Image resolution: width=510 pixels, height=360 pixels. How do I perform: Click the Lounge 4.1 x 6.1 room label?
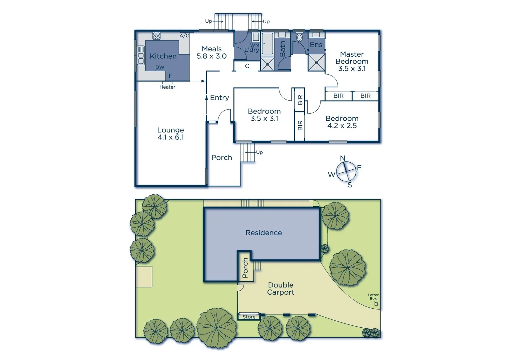(170, 134)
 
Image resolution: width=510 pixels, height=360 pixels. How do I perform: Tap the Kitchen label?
(163, 56)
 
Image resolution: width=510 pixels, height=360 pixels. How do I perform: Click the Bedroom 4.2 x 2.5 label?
(342, 122)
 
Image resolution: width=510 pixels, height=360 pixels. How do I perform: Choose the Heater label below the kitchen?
(167, 87)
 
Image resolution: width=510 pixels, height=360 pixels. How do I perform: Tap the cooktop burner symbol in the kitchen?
(156, 36)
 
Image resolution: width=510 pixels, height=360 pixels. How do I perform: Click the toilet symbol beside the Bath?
(299, 37)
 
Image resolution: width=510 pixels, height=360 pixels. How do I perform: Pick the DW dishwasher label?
(160, 67)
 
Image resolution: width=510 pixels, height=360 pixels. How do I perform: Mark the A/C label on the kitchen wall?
(184, 36)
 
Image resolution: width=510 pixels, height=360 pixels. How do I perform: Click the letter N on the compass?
(343, 158)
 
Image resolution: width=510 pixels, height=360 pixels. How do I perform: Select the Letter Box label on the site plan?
(373, 297)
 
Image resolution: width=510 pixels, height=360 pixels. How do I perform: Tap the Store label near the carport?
(249, 317)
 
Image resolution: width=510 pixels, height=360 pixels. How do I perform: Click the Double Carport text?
(281, 289)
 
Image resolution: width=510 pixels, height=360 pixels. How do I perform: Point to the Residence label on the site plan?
(264, 233)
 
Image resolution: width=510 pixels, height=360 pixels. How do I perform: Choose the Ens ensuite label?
(316, 45)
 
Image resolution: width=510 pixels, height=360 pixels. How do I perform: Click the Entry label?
(219, 98)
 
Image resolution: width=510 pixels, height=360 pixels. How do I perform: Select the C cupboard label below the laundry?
(247, 66)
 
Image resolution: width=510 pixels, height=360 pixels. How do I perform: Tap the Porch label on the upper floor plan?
(221, 157)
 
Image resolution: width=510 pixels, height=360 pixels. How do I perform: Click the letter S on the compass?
(350, 185)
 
